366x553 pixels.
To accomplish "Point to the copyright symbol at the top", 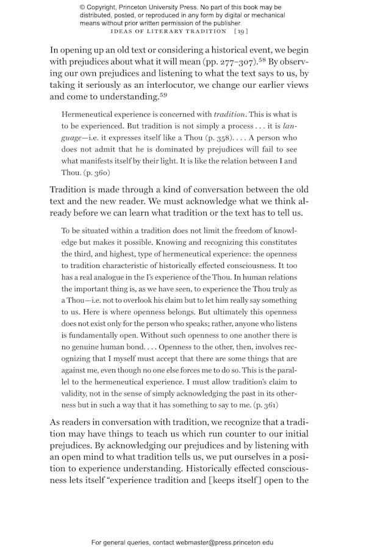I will [83, 7].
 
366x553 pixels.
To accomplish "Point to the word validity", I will [76, 394].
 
